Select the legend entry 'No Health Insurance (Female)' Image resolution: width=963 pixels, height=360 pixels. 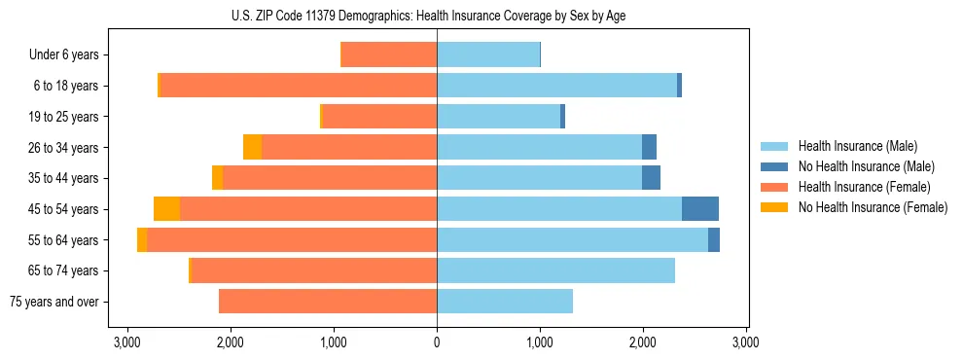873,207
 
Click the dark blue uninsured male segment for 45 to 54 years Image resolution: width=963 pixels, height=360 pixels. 699,209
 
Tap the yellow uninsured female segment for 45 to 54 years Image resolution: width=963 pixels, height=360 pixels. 166,209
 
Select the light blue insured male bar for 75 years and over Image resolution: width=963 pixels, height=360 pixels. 505,302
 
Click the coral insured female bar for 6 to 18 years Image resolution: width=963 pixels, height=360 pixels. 298,86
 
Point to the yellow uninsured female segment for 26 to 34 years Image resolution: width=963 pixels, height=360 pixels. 252,147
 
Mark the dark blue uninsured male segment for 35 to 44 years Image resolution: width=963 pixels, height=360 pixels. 651,178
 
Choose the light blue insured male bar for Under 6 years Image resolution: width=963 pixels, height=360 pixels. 488,54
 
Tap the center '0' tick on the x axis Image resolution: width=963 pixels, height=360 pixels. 437,342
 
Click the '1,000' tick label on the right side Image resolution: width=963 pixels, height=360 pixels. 540,342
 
